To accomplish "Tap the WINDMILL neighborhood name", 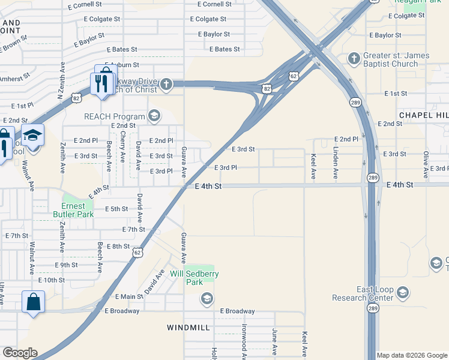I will pyautogui.click(x=188, y=328).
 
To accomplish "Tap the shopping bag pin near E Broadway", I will pyautogui.click(x=33, y=301).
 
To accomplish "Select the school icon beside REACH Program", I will pyautogui.click(x=154, y=116).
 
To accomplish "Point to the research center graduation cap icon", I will pyautogui.click(x=402, y=293).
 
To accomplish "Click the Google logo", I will pyautogui.click(x=20, y=353).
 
